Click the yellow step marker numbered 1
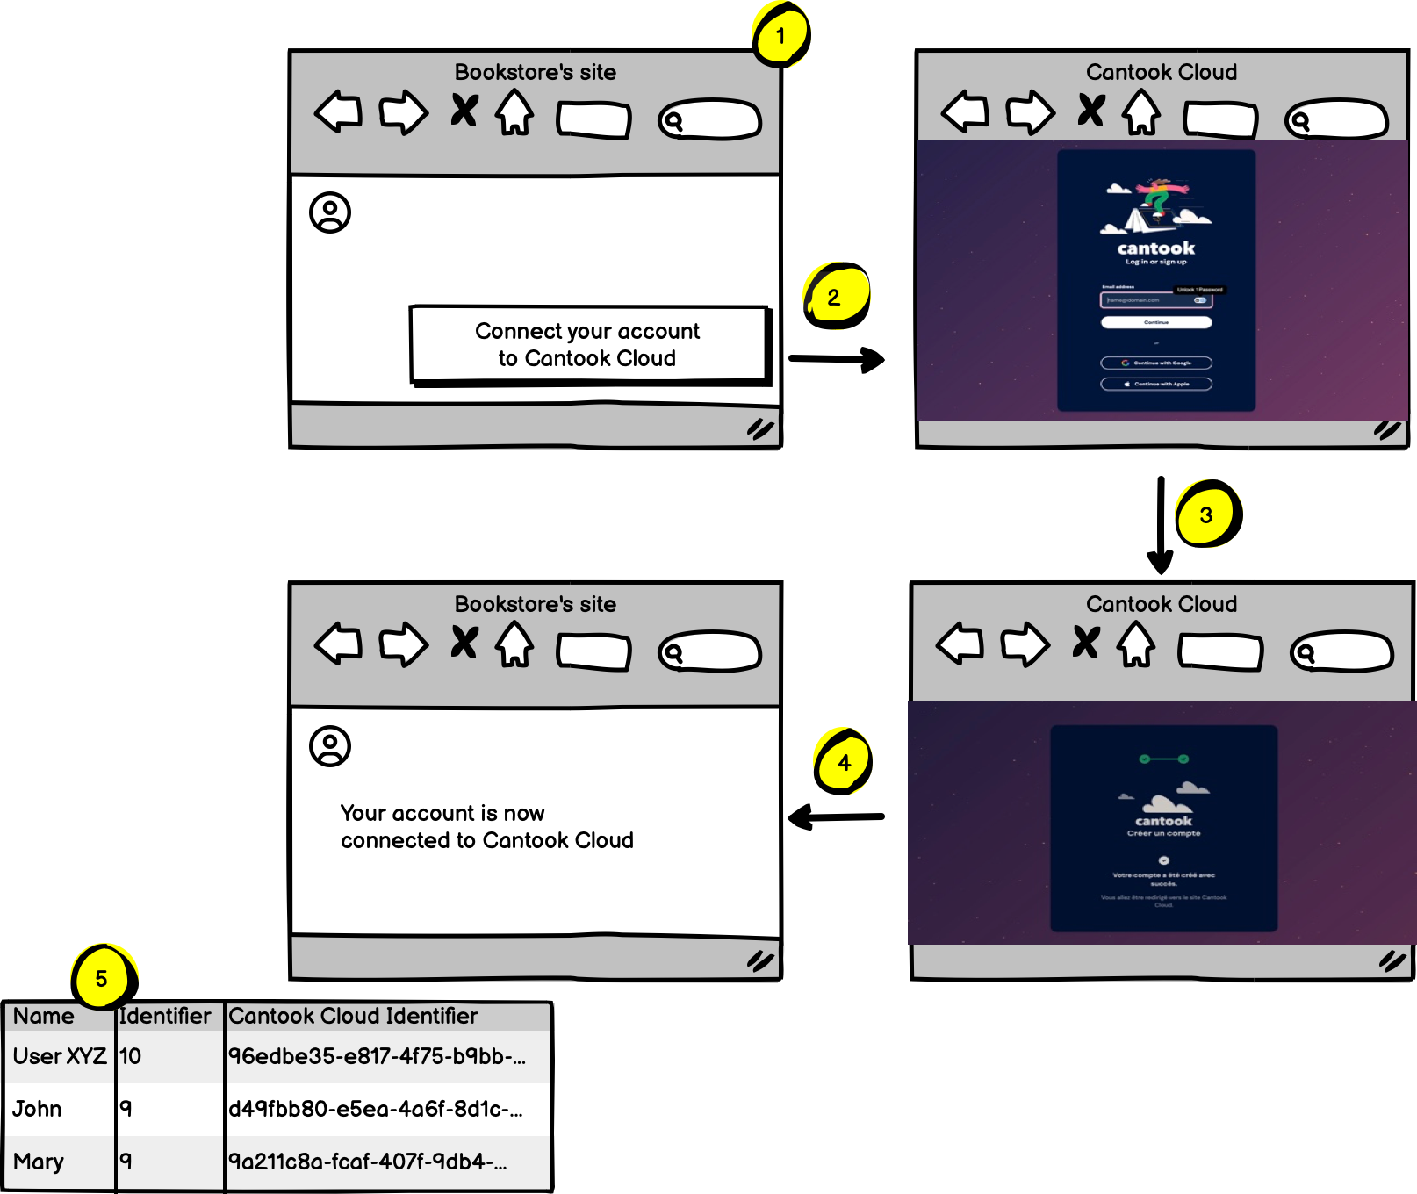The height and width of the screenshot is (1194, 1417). pos(780,36)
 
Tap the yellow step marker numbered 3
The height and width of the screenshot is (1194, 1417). pos(1207,514)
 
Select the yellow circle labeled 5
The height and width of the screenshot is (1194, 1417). pos(102,978)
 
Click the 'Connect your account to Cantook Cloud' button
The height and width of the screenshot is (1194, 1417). pos(588,344)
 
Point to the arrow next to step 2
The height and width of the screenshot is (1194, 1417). pos(836,359)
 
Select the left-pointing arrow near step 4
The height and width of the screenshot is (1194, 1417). pos(836,817)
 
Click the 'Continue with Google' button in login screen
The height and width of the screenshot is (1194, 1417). pos(1156,363)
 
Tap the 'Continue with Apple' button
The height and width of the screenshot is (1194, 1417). pos(1156,384)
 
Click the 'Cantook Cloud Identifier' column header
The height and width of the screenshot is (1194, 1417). pos(353,1016)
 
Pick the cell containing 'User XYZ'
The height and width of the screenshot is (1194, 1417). pos(60,1056)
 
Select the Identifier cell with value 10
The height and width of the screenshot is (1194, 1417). pos(131,1056)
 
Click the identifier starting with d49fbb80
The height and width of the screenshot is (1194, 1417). pos(376,1109)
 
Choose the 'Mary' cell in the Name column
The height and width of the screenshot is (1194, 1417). pos(39,1162)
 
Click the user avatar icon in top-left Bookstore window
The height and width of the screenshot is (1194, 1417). pos(330,212)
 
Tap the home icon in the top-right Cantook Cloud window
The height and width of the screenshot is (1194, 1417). pos(1141,112)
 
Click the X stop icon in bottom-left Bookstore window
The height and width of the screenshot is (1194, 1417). pos(464,643)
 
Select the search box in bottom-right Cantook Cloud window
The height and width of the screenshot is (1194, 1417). pos(1341,652)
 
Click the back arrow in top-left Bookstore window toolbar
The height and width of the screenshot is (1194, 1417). pos(339,111)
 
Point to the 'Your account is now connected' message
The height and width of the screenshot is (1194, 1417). pos(486,826)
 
